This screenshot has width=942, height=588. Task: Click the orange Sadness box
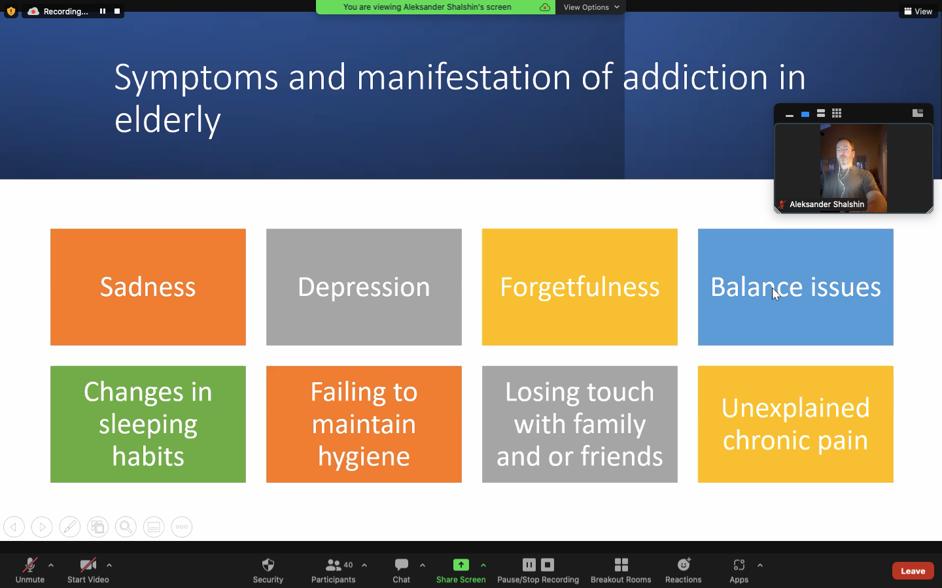(x=148, y=287)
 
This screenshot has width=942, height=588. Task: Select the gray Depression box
(x=364, y=287)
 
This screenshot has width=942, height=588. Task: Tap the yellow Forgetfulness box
(x=580, y=287)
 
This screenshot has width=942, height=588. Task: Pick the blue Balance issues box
(x=795, y=287)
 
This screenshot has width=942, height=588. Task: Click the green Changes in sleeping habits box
(x=148, y=424)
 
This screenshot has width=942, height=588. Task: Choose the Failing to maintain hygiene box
(x=364, y=424)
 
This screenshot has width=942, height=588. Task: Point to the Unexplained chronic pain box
(x=795, y=424)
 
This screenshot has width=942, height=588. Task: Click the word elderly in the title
(x=167, y=120)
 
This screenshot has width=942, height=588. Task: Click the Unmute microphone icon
(x=30, y=565)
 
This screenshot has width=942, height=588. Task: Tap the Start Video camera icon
(x=88, y=565)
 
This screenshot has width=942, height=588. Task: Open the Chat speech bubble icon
(x=401, y=565)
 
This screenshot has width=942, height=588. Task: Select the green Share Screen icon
(x=461, y=565)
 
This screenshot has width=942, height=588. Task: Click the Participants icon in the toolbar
(x=333, y=565)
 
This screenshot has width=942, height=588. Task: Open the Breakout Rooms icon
(x=621, y=565)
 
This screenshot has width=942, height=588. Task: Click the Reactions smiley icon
(x=684, y=564)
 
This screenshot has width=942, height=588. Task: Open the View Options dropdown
(x=591, y=7)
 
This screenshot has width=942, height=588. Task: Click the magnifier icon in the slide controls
(x=126, y=527)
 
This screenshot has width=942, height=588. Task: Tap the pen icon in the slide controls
(x=70, y=527)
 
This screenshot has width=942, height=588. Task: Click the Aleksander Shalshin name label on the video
(x=827, y=204)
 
